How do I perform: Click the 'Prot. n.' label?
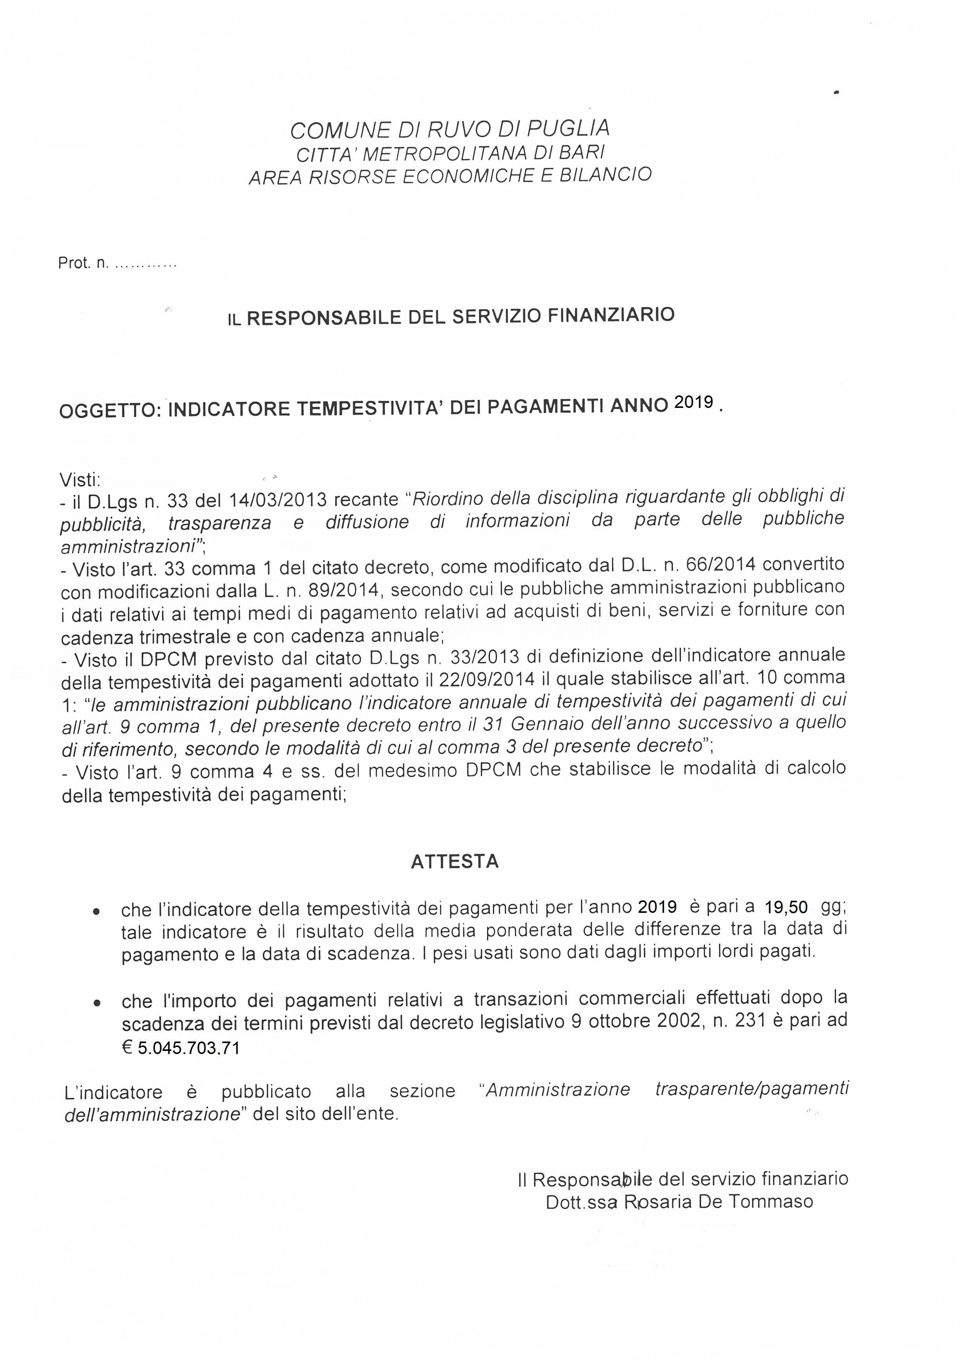pyautogui.click(x=84, y=263)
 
